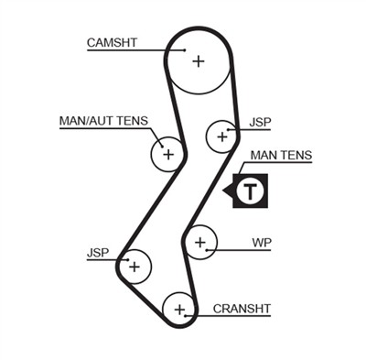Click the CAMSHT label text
[113, 42]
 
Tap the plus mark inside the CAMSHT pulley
[198, 60]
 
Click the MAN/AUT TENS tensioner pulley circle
[167, 154]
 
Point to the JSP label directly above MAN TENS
[260, 121]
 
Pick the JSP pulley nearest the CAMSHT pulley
[221, 137]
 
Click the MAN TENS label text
[281, 156]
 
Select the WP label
[262, 243]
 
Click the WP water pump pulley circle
[200, 243]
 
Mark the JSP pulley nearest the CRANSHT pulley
[135, 267]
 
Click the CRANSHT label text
[242, 308]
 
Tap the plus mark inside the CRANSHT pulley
[180, 308]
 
